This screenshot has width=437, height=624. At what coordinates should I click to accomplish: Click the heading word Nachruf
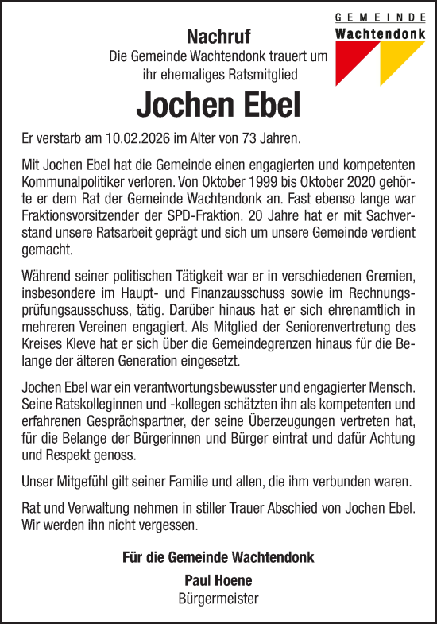[x=218, y=36]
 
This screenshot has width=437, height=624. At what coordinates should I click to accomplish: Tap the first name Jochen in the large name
[x=175, y=105]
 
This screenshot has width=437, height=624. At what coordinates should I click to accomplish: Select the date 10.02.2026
[x=134, y=138]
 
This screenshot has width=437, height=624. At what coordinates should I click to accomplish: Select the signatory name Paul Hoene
[x=218, y=579]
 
